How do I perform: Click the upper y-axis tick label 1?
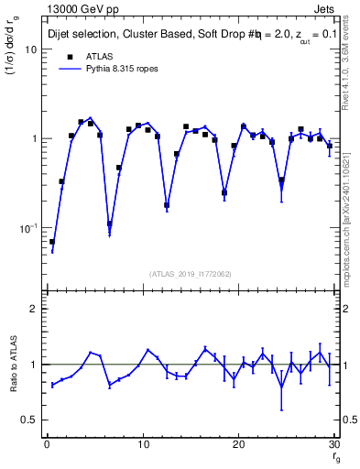tap(33, 138)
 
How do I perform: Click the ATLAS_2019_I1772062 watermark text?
tap(190, 273)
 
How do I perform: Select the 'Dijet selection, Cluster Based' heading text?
tap(111, 34)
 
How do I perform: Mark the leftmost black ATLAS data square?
tap(52, 242)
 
